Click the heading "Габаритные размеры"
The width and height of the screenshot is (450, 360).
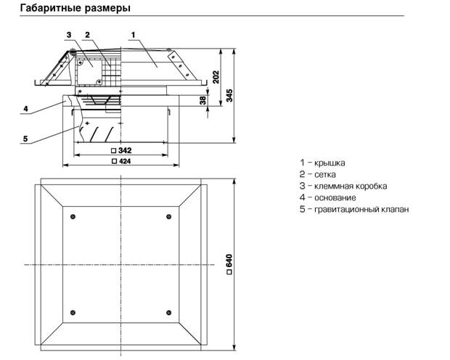pyautogui.click(x=75, y=8)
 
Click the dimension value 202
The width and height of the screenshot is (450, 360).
pyautogui.click(x=216, y=77)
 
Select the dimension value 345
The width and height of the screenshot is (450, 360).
pyautogui.click(x=229, y=95)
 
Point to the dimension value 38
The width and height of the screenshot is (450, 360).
pyautogui.click(x=203, y=100)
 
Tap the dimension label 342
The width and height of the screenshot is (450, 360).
pyautogui.click(x=121, y=150)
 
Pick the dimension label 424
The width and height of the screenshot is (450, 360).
pyautogui.click(x=121, y=161)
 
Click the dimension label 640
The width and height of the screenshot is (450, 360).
pyautogui.click(x=229, y=264)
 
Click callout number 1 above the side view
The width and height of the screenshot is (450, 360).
pyautogui.click(x=133, y=35)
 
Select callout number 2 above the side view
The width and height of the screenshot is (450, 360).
pyautogui.click(x=88, y=35)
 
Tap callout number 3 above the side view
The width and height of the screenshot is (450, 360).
pyautogui.click(x=69, y=35)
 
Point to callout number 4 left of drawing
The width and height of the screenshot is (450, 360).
pyautogui.click(x=26, y=109)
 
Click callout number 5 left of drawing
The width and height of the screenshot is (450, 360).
pyautogui.click(x=25, y=139)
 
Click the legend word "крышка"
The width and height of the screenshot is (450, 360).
pyautogui.click(x=330, y=163)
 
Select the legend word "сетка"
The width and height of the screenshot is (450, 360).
pyautogui.click(x=325, y=174)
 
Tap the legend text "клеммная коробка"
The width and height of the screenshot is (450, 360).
pyautogui.click(x=351, y=186)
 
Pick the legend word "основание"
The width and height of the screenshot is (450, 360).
pyautogui.click(x=335, y=198)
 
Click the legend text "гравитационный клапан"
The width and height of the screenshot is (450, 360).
pyautogui.click(x=361, y=209)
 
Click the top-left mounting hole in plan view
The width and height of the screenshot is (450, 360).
pyautogui.click(x=73, y=216)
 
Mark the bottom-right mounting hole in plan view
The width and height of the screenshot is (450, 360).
pyautogui.click(x=168, y=312)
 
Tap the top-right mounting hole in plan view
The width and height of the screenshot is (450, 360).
pyautogui.click(x=168, y=216)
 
